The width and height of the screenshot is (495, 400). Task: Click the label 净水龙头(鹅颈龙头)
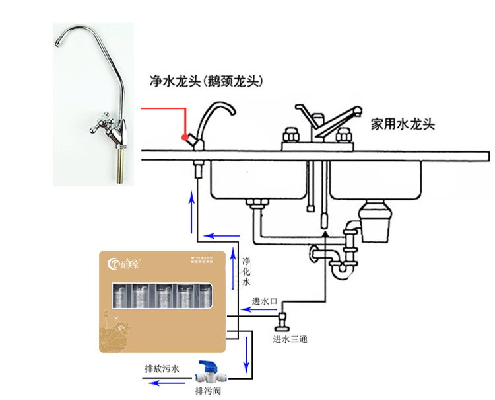[x=207, y=81]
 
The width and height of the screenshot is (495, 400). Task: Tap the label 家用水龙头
[x=401, y=124]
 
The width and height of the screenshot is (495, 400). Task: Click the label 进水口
[x=263, y=301]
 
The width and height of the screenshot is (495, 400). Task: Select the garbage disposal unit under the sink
[x=376, y=221]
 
